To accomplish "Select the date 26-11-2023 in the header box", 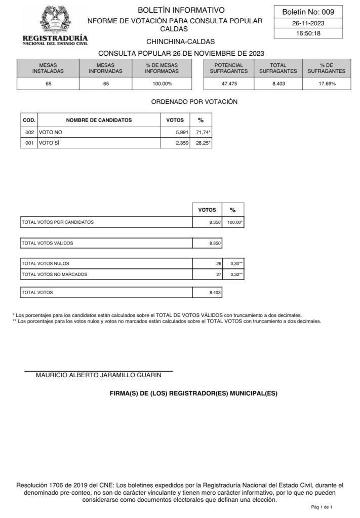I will [308, 23].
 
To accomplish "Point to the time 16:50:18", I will [308, 33].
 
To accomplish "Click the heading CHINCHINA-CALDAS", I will [180, 42].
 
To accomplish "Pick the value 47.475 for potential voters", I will [229, 84].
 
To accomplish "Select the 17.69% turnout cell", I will [327, 84].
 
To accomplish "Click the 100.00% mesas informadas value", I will [162, 84].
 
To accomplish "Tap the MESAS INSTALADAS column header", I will [48, 68].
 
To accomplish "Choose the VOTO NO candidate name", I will [51, 132].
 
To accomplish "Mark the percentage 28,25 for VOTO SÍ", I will [203, 143].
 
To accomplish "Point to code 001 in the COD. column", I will [29, 143].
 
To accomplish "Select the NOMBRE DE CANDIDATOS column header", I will [99, 120].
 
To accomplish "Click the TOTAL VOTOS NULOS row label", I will [46, 263].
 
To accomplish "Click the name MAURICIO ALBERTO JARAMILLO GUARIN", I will [98, 375].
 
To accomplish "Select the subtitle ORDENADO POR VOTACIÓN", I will [194, 102].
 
